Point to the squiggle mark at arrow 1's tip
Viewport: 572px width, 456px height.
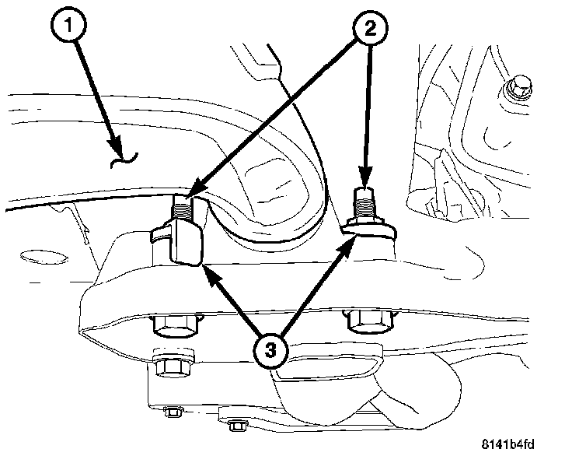point(125,160)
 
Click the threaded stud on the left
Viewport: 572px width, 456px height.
point(180,206)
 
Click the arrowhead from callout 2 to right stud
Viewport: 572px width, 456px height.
point(366,175)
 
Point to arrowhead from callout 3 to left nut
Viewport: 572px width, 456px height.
point(208,272)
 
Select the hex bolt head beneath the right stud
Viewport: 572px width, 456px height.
point(364,319)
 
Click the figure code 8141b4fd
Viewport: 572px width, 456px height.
point(525,442)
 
